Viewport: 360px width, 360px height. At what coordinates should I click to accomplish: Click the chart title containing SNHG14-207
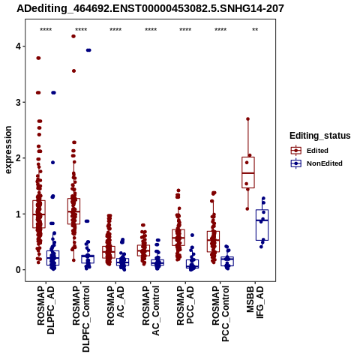(x=150, y=8)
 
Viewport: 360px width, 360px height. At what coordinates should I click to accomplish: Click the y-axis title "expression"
(x=8, y=150)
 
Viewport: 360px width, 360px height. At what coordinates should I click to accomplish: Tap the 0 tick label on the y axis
(x=19, y=270)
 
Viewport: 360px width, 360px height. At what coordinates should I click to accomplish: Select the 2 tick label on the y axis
(x=19, y=158)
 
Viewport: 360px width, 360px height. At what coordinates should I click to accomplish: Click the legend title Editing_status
(x=320, y=136)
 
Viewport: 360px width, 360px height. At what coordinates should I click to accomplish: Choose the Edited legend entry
(x=310, y=151)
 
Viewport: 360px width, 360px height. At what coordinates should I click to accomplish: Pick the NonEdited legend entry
(x=316, y=163)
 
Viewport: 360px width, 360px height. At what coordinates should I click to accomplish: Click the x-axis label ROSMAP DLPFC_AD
(x=46, y=310)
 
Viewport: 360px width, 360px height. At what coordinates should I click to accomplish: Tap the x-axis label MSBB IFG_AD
(x=255, y=302)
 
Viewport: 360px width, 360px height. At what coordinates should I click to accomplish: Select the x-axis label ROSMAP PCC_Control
(x=220, y=313)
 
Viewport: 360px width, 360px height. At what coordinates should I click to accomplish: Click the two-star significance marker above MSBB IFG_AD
(x=255, y=30)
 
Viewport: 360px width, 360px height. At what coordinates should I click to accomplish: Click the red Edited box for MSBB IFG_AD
(x=248, y=172)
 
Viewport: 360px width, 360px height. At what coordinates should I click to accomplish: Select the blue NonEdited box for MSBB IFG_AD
(x=262, y=225)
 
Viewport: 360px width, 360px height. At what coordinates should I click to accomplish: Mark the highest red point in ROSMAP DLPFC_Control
(x=73, y=36)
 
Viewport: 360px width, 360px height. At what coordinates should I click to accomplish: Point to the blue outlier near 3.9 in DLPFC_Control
(x=88, y=50)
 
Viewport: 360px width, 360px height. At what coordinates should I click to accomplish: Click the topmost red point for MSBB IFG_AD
(x=248, y=119)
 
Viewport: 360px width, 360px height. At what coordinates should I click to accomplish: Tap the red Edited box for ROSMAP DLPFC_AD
(x=39, y=214)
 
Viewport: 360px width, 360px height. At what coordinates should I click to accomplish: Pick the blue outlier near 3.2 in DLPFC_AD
(x=53, y=93)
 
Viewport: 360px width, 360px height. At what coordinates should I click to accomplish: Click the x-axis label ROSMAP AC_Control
(x=151, y=310)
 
